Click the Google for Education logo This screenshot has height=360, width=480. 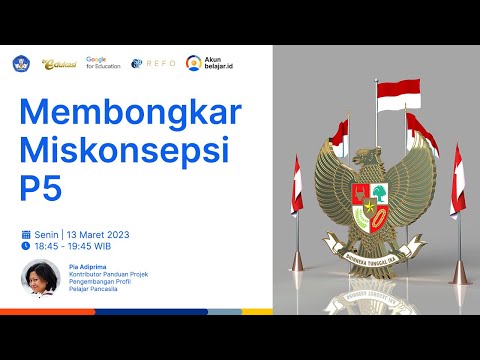pos(103,62)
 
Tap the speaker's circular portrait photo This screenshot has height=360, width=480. pos(39,277)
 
